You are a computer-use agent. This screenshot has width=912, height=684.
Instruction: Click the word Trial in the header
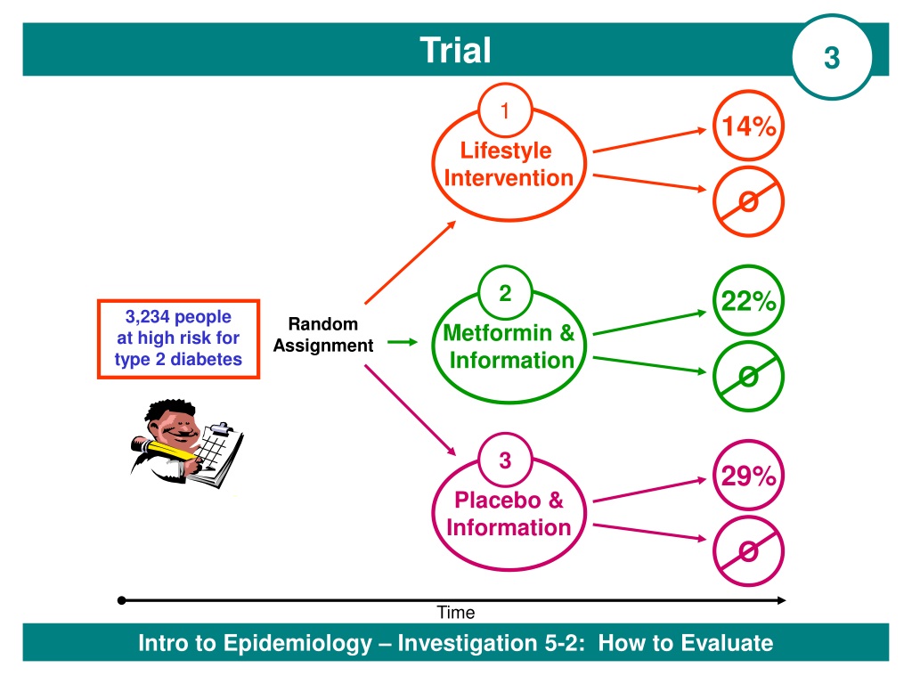click(455, 50)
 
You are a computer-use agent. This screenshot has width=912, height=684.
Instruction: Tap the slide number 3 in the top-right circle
click(832, 58)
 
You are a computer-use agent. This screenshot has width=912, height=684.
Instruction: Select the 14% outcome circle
click(748, 126)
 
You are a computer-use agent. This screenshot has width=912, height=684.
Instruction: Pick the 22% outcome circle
click(748, 301)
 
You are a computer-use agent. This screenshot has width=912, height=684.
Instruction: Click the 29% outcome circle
click(748, 476)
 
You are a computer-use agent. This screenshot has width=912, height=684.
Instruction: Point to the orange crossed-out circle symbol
click(748, 202)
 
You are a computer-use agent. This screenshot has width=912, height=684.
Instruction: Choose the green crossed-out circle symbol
click(748, 377)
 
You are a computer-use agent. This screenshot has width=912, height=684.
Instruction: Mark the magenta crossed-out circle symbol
click(748, 550)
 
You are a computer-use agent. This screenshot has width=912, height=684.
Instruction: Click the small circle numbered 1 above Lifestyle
click(505, 110)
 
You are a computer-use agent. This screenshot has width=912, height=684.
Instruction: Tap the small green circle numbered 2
click(505, 292)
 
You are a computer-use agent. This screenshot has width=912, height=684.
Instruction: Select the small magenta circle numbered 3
click(505, 460)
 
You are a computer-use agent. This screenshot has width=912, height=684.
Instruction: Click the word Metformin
click(497, 333)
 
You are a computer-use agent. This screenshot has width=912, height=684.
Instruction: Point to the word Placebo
click(497, 501)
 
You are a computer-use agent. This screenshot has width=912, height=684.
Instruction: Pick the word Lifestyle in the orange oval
click(506, 151)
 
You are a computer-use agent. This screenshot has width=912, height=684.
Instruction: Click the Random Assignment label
click(323, 335)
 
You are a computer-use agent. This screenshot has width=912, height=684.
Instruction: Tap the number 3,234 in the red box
click(147, 317)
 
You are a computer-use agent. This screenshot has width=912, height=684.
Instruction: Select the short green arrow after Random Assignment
click(403, 342)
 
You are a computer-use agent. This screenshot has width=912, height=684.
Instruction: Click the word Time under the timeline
click(456, 613)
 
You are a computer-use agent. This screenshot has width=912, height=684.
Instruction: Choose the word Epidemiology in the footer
click(297, 643)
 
